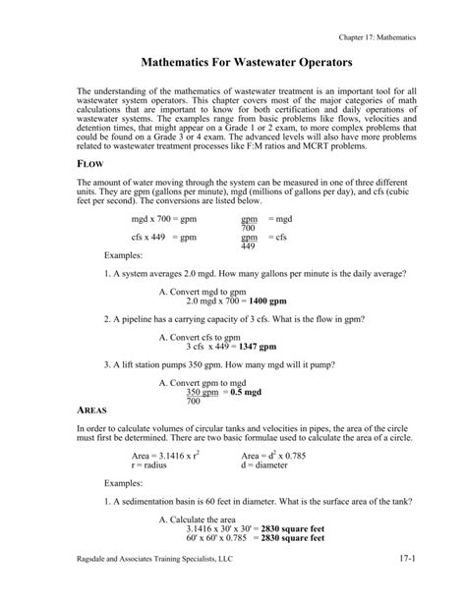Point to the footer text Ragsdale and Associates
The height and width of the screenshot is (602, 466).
(x=158, y=586)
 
